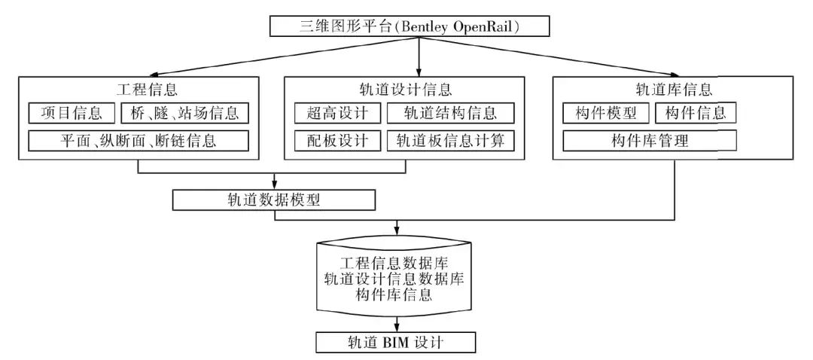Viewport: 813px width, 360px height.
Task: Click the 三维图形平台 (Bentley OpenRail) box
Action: click(410, 27)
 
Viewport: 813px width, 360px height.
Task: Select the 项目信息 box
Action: click(72, 114)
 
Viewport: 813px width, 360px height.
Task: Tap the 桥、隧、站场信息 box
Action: click(184, 114)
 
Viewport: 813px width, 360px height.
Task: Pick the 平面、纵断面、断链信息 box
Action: click(139, 140)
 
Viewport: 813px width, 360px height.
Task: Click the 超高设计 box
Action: click(337, 114)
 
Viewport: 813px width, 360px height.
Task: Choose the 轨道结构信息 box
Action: click(451, 114)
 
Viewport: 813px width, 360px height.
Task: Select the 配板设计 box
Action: click(337, 140)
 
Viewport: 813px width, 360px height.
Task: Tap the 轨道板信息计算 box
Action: click(451, 140)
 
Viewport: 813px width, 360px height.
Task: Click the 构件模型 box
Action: click(606, 114)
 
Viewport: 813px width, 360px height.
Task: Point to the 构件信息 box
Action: click(696, 114)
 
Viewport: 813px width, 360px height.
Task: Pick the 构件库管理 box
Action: click(650, 140)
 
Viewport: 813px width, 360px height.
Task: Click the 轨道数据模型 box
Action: click(273, 200)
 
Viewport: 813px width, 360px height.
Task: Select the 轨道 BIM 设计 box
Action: click(396, 343)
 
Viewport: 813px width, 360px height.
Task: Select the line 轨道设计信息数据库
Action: click(394, 279)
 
